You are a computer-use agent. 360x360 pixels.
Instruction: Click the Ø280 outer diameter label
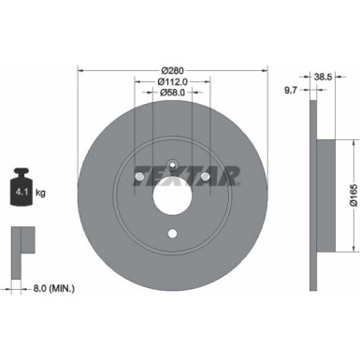coord(172,68)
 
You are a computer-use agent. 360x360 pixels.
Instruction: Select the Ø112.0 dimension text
coord(172,80)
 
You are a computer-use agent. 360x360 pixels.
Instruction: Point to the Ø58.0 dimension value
coord(172,93)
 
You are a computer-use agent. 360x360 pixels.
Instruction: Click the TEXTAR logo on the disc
coord(187,175)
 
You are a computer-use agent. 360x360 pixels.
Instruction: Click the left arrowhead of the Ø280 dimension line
coord(80,68)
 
